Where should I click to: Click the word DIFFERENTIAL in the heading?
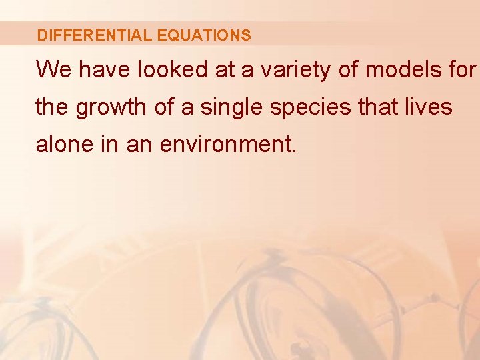(95, 35)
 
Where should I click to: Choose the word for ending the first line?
(461, 69)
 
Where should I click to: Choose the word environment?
(227, 144)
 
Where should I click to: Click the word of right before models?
(349, 69)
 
